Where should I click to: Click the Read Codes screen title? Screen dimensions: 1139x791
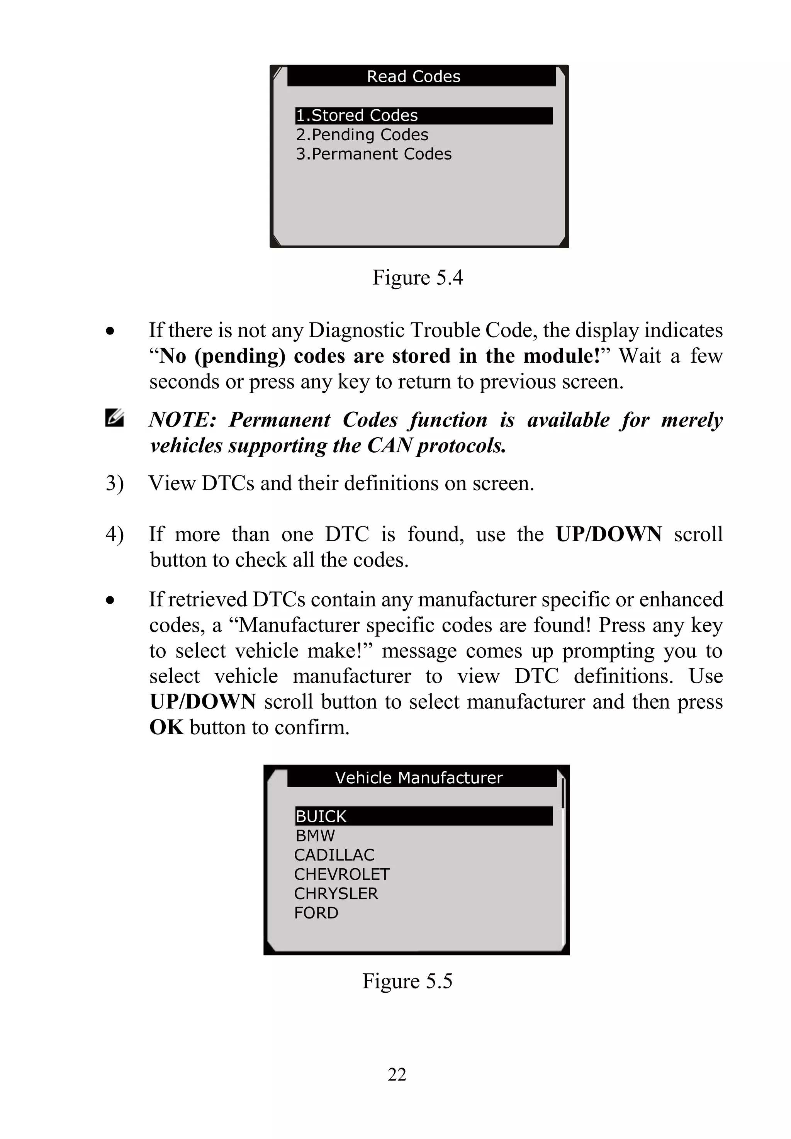413,76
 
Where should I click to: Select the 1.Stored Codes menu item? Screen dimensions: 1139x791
357,115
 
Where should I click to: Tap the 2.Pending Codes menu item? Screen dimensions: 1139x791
362,135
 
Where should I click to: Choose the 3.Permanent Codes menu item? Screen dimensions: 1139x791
374,154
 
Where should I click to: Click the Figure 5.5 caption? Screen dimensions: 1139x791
407,981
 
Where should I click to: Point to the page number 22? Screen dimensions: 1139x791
397,1074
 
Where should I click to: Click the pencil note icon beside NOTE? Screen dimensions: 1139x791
114,418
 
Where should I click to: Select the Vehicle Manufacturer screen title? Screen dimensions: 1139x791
419,777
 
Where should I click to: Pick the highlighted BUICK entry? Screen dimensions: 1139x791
321,816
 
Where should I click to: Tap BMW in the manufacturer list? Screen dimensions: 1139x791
315,836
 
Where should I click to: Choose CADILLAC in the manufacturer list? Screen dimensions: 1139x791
334,855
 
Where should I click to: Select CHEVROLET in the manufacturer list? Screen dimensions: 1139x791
341,874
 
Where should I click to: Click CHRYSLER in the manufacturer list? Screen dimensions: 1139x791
336,894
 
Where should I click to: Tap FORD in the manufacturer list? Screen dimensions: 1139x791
316,913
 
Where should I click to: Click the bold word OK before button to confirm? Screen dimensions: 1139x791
166,728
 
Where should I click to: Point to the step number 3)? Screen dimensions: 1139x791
114,483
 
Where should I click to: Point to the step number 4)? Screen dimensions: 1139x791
114,534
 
